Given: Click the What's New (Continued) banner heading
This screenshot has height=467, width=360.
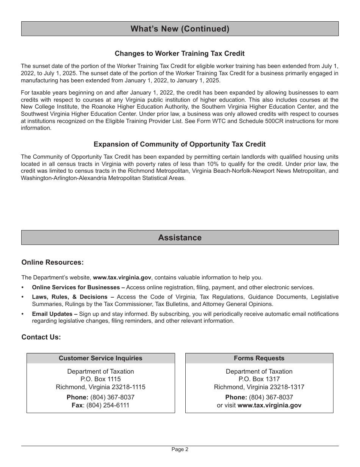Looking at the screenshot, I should [180, 29].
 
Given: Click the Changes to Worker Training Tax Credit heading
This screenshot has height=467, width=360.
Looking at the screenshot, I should [180, 54].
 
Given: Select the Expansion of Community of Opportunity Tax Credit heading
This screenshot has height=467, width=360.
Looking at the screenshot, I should [180, 144].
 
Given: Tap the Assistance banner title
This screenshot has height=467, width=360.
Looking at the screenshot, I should [180, 238].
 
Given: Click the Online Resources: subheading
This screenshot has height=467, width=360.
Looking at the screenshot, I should [52, 262].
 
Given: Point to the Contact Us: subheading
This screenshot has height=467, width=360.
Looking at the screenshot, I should [41, 337].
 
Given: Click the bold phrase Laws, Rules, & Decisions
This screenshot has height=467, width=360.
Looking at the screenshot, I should [70, 297].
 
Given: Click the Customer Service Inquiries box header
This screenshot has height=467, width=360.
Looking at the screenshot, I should [100, 358].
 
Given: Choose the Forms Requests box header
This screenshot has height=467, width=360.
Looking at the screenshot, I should [259, 358].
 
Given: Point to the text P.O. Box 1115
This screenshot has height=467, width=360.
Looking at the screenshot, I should [100, 379].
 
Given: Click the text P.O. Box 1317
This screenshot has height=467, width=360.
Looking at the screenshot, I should [259, 379].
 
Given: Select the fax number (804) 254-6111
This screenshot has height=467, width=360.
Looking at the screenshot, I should [108, 405].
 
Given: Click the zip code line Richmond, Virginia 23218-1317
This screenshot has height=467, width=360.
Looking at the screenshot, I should [259, 387].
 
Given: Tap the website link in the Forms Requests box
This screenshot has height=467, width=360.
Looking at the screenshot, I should [269, 405].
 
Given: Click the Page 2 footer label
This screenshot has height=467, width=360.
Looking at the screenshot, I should [180, 450].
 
